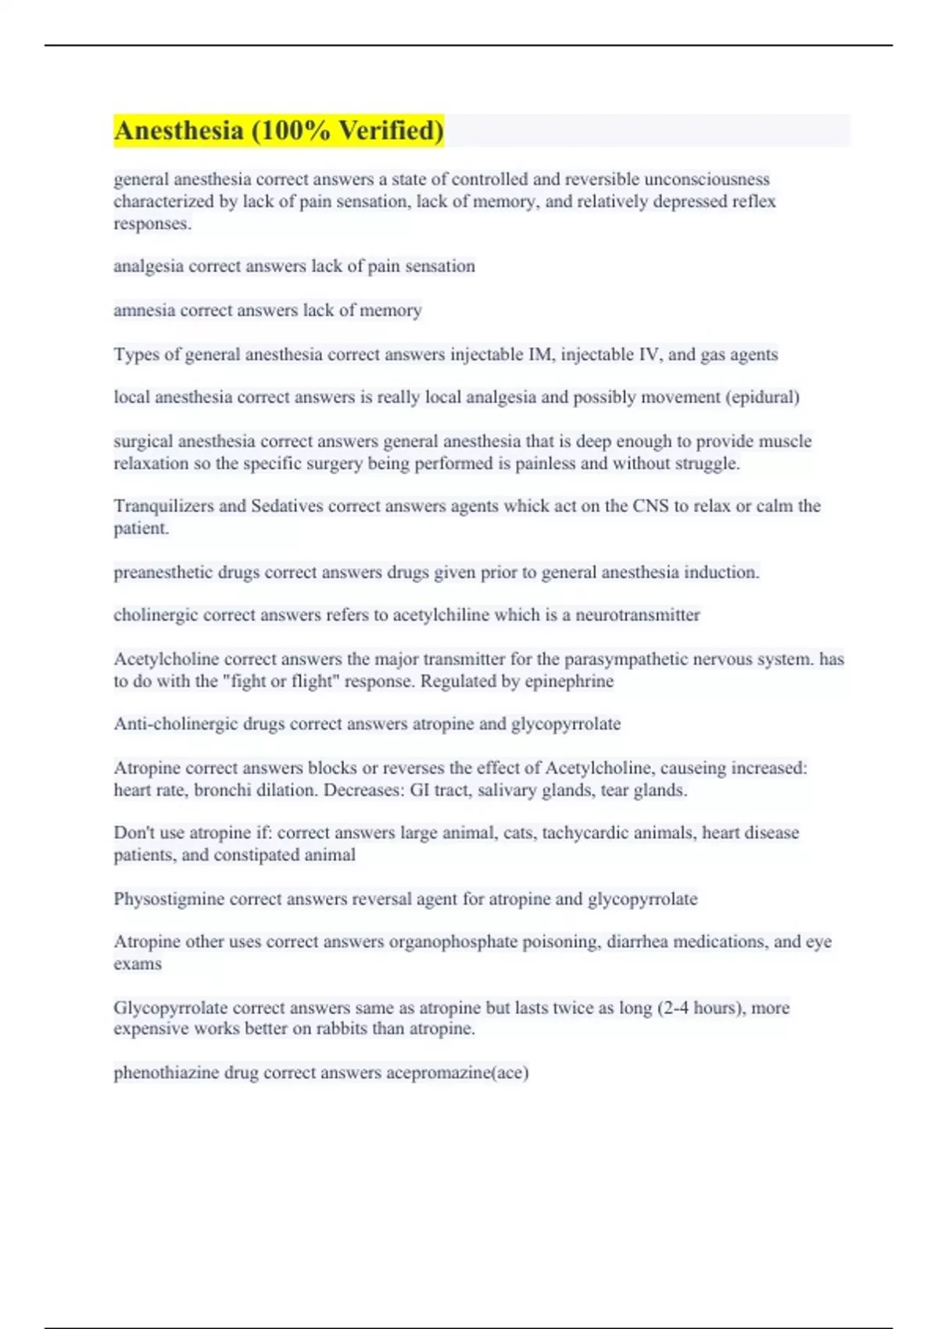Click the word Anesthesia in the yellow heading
click(x=179, y=131)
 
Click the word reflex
click(x=754, y=202)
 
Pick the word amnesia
click(x=145, y=310)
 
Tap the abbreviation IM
click(x=540, y=355)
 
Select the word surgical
click(x=143, y=442)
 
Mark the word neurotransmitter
click(x=637, y=615)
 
